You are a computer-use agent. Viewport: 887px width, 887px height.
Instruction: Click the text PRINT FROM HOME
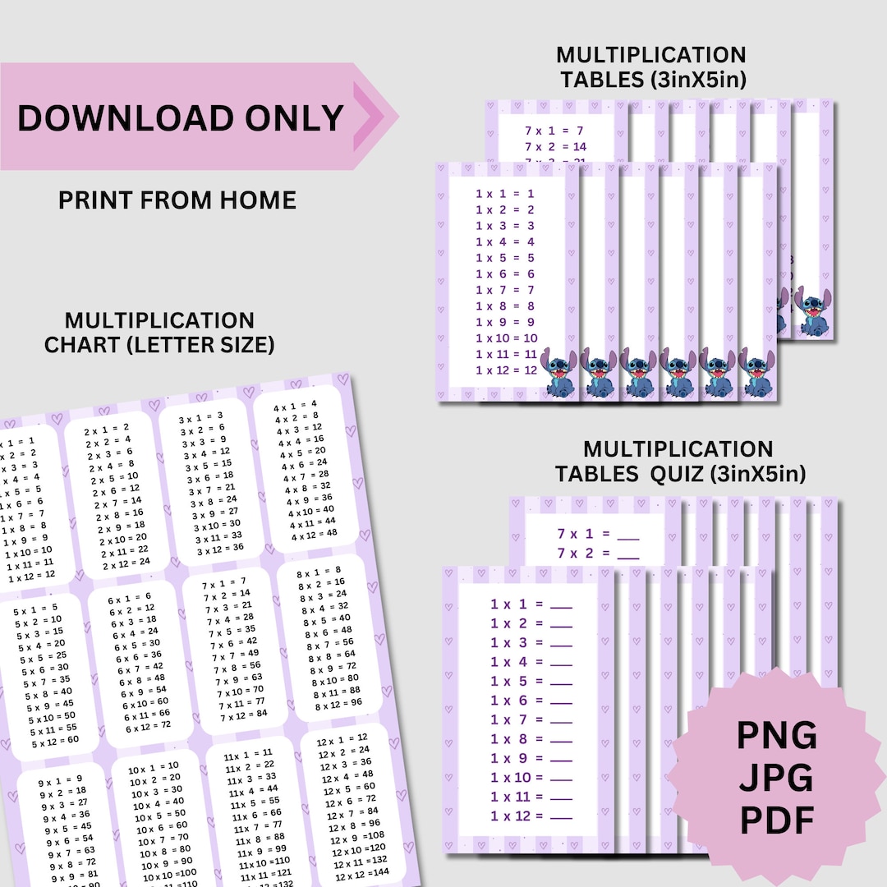coord(177,200)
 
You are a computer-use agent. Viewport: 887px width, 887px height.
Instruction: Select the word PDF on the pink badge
coord(776,818)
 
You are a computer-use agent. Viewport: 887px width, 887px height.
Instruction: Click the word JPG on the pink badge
coord(776,776)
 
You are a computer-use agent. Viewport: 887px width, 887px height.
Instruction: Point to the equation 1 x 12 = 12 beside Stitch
coord(506,370)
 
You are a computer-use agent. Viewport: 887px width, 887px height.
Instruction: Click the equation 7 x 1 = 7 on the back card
coord(554,131)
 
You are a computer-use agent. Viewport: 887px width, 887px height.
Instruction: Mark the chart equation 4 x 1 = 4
coord(295,405)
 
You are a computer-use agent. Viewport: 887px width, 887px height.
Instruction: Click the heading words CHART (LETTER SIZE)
coord(159,345)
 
